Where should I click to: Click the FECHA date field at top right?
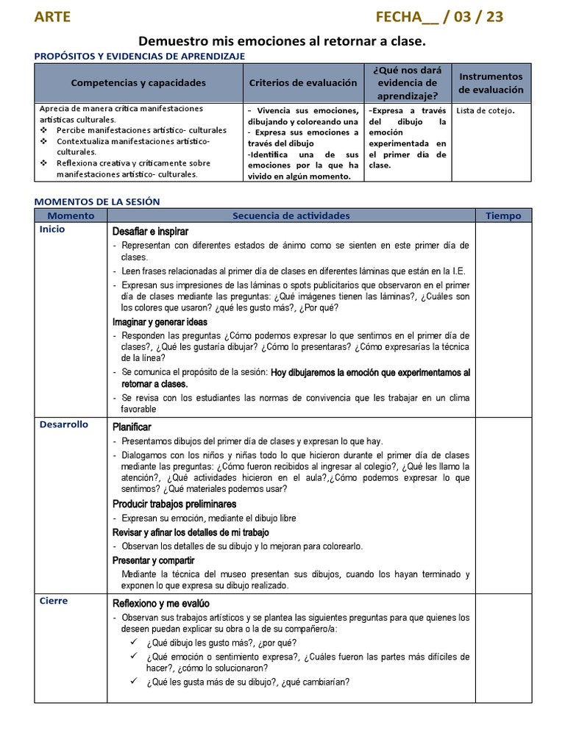coord(439,17)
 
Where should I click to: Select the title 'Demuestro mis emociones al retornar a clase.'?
coord(282,42)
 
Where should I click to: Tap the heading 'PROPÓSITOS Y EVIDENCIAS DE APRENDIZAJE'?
coord(140,56)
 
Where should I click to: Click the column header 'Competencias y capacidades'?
coord(138,83)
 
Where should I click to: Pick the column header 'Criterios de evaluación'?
coord(304,83)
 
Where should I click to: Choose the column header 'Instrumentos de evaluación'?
coord(491,83)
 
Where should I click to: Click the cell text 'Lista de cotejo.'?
coord(486,111)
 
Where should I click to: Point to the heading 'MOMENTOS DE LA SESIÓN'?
coord(97,201)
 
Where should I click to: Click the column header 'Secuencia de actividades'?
coord(291,215)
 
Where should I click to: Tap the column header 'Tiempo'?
coord(503,215)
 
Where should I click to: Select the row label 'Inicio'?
coord(52,229)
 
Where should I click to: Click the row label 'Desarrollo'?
coord(63,424)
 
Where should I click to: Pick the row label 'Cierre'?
coord(53,601)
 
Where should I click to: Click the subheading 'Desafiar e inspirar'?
coord(150,232)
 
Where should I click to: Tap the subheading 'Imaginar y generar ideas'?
coord(160,322)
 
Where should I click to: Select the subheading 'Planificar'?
coord(132,427)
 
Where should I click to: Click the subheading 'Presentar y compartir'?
coord(153,560)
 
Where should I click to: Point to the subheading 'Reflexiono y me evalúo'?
coord(161,604)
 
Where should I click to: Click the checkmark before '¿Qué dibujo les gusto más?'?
coord(134,641)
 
